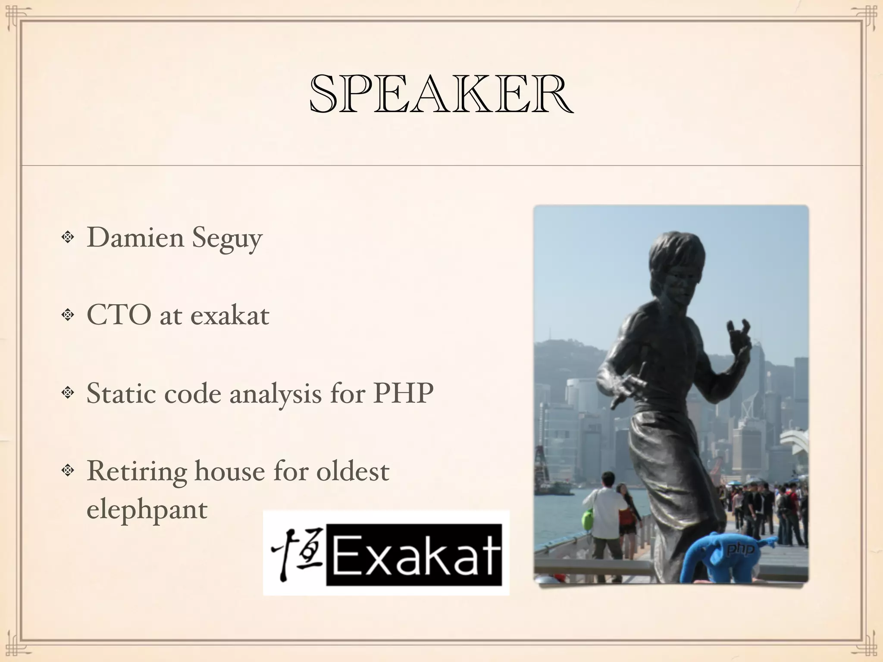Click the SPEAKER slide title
441,94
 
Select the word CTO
119,315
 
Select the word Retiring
137,471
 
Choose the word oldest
353,471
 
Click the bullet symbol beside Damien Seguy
67,237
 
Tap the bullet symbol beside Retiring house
67,471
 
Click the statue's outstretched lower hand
626,388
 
